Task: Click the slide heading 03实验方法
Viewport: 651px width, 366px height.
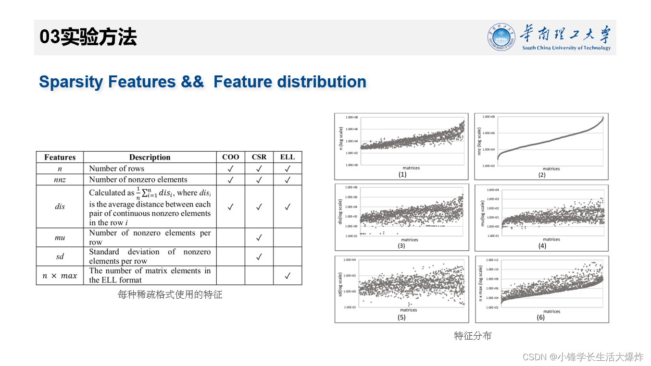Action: (88, 37)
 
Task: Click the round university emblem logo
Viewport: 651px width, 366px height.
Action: (501, 37)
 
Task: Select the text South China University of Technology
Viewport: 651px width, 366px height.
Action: (566, 48)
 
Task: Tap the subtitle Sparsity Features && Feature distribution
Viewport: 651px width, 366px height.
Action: (202, 82)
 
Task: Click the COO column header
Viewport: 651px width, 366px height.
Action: (230, 157)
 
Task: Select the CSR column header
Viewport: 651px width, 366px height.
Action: (259, 157)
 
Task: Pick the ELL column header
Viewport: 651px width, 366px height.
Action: (287, 157)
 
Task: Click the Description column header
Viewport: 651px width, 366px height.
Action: (150, 157)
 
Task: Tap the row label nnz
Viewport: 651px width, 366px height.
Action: (60, 180)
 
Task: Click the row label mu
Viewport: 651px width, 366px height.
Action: (60, 237)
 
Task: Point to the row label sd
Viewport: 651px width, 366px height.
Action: (60, 256)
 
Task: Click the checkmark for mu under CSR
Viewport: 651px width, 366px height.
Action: (259, 237)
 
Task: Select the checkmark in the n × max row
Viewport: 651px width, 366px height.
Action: (287, 276)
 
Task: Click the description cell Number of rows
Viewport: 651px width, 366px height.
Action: (116, 169)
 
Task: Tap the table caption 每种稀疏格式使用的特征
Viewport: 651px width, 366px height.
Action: (170, 294)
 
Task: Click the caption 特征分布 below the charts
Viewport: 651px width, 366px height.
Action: (473, 336)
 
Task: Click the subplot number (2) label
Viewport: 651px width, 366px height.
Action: (541, 175)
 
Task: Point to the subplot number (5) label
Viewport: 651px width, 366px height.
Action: (401, 317)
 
